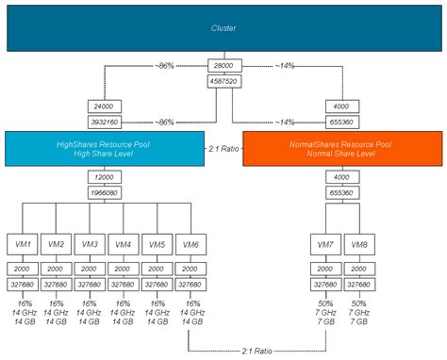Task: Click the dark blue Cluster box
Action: pos(223,28)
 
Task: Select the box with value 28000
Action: pos(223,66)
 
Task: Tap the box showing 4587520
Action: pos(223,80)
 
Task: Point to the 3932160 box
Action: pos(105,122)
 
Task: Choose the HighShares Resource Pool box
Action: pos(104,149)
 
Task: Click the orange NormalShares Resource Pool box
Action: pos(342,149)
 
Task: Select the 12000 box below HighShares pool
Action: pos(105,177)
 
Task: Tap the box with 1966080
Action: pos(105,191)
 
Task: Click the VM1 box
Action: pos(25,243)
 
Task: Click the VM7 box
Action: pos(325,243)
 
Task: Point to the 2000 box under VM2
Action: pos(58,268)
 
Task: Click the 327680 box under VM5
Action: pos(157,282)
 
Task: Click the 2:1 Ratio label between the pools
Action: pos(223,149)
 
